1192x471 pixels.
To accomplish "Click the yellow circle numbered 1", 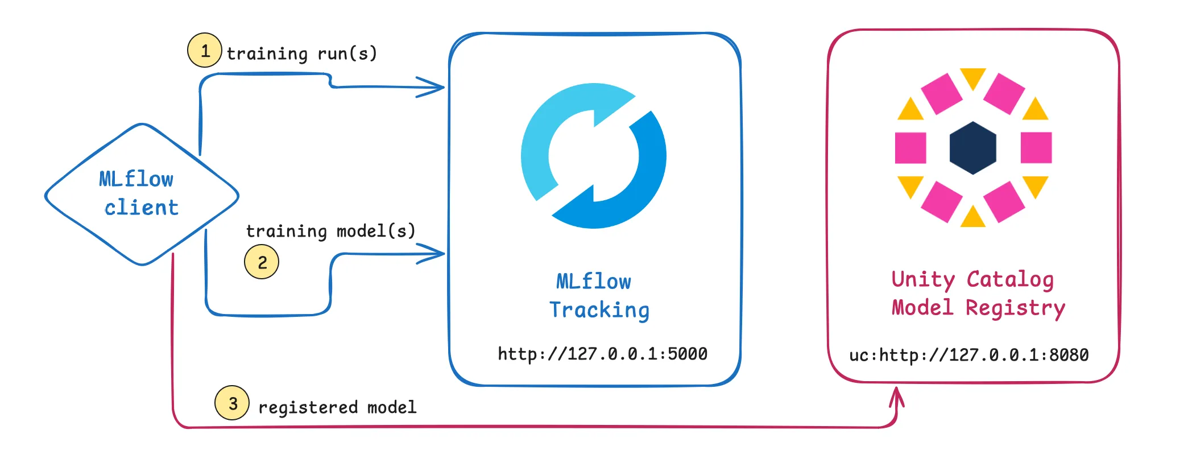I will [x=204, y=51].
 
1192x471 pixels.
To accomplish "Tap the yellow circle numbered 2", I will [x=262, y=262].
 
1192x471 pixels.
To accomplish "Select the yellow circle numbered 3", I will [x=232, y=403].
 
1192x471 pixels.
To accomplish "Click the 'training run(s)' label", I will [x=301, y=53].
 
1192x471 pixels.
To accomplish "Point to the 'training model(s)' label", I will [x=330, y=231].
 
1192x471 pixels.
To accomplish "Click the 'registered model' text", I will [x=337, y=407].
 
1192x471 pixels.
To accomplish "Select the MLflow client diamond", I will [x=142, y=194].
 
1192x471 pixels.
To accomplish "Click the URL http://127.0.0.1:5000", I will [x=602, y=354].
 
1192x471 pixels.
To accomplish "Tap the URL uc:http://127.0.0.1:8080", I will [x=968, y=355].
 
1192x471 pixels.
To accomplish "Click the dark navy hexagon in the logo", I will [x=972, y=148].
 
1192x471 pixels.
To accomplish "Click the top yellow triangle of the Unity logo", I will [x=972, y=76].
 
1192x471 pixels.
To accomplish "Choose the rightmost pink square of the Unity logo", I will [x=1036, y=148].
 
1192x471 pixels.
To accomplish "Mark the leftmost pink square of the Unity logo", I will [x=910, y=148].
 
